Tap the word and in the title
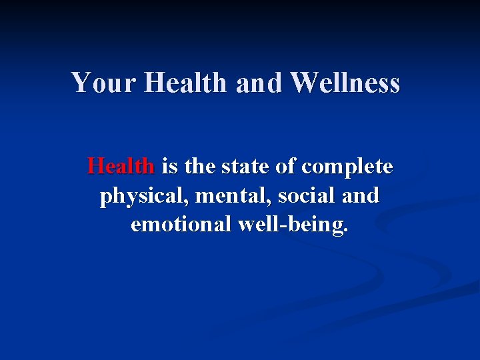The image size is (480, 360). pyautogui.click(x=261, y=83)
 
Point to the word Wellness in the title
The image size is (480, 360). pyautogui.click(x=345, y=83)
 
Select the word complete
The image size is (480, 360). pyautogui.click(x=347, y=167)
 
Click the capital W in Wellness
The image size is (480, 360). pyautogui.click(x=305, y=83)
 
